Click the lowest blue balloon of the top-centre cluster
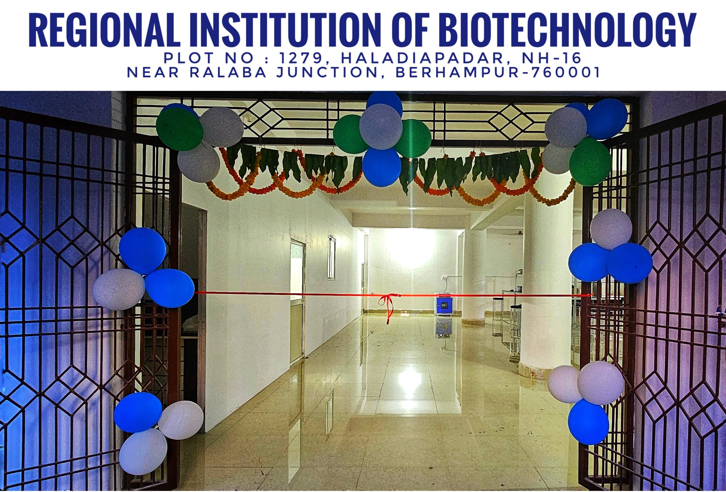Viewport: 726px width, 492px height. coord(382,166)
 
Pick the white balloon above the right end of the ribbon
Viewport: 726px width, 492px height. coord(611,229)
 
